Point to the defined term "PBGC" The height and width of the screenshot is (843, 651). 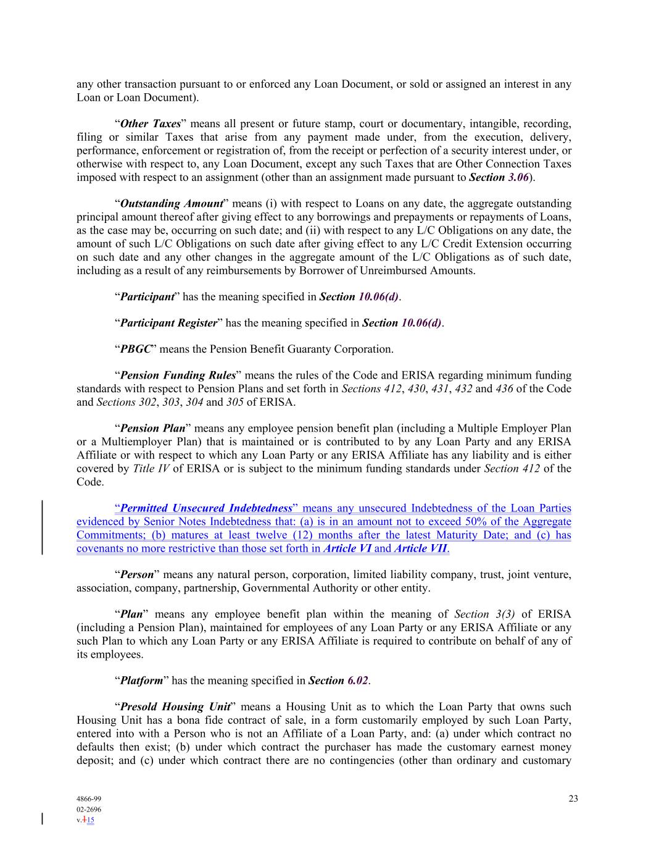135,349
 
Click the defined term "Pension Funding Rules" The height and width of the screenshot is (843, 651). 178,375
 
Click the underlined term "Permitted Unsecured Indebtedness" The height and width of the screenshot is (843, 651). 206,508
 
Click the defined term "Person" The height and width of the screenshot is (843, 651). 136,574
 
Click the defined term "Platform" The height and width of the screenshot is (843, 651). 141,681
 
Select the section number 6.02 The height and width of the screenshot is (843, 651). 357,681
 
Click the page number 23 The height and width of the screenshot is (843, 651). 573,799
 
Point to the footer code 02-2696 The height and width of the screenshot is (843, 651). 89,809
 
